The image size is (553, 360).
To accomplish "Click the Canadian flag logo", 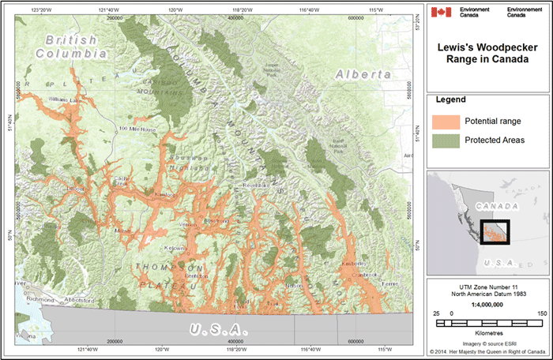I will [442, 12].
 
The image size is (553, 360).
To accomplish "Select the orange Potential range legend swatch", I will [445, 122].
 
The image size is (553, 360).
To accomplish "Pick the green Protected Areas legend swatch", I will [445, 141].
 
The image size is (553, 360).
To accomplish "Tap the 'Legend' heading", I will [450, 100].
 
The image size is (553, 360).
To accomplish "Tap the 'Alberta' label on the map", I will [363, 73].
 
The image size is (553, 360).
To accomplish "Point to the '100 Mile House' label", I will [137, 129].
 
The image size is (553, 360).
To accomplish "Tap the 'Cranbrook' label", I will [366, 275].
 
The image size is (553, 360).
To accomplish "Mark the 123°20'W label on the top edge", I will [41, 8].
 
